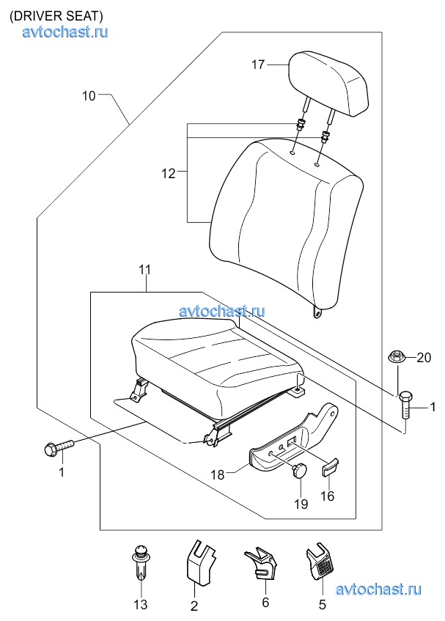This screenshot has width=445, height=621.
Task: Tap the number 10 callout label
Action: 89,95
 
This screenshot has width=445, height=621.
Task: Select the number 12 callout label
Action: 169,174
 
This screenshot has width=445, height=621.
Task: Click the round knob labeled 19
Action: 300,471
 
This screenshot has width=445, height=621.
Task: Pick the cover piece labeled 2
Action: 199,562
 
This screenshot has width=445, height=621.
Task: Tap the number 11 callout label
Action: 144,270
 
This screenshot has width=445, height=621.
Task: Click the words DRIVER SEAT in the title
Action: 56,16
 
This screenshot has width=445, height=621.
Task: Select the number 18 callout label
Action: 217,474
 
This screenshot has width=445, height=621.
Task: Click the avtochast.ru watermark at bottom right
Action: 378,589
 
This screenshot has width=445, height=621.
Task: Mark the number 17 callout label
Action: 258,65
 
